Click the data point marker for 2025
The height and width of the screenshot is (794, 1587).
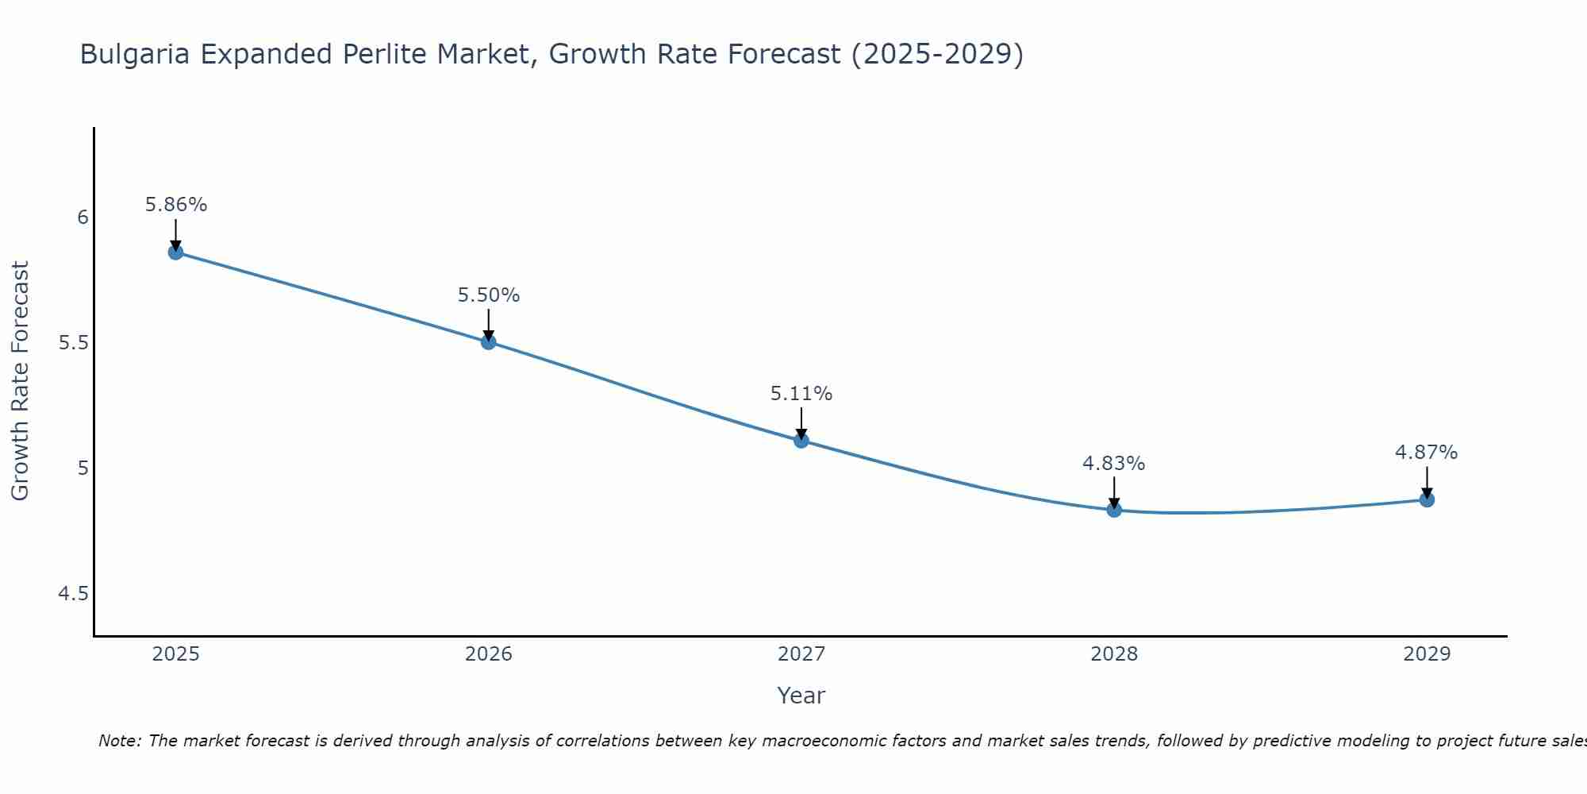pos(175,252)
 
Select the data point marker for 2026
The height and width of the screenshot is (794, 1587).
pos(488,342)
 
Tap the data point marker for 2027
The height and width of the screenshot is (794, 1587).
pos(801,441)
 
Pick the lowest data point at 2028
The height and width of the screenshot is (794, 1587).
pos(1113,510)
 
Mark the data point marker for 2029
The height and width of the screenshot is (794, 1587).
pos(1426,499)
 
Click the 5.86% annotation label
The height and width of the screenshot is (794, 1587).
pos(175,205)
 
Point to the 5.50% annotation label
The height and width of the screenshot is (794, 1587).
pos(488,295)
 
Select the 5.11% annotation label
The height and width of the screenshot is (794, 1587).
pos(801,394)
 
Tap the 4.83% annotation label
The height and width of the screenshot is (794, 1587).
pos(1113,464)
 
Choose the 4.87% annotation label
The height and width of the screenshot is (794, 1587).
pos(1426,453)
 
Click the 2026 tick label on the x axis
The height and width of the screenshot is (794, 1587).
pos(488,654)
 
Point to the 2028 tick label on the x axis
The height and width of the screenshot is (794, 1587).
pos(1113,654)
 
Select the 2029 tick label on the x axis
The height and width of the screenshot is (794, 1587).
pos(1426,654)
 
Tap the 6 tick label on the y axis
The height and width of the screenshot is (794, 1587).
pos(83,218)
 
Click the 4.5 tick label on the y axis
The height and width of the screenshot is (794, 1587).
pos(73,594)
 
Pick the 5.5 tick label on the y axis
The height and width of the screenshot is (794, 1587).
pos(73,343)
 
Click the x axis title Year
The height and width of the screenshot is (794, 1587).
pos(801,696)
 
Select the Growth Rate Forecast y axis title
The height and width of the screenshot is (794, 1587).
pos(21,381)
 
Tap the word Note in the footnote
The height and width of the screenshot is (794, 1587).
pos(119,741)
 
